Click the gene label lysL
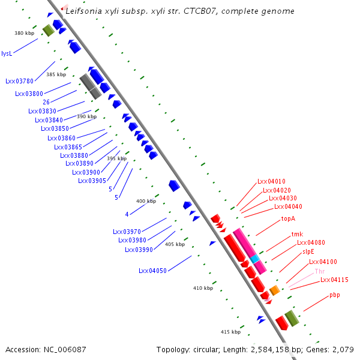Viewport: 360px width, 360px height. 7,53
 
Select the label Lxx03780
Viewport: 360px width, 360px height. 20,81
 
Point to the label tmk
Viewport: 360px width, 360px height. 297,234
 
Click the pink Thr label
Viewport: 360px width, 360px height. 320,271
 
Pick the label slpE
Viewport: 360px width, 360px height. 309,252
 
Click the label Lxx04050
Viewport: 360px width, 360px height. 152,271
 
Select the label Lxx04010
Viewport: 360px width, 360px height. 271,181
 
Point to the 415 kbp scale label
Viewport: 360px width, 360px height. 230,332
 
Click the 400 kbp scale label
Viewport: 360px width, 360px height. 146,201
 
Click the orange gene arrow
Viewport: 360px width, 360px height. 274,290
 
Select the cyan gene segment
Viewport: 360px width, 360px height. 255,259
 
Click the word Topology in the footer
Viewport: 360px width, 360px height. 173,349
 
